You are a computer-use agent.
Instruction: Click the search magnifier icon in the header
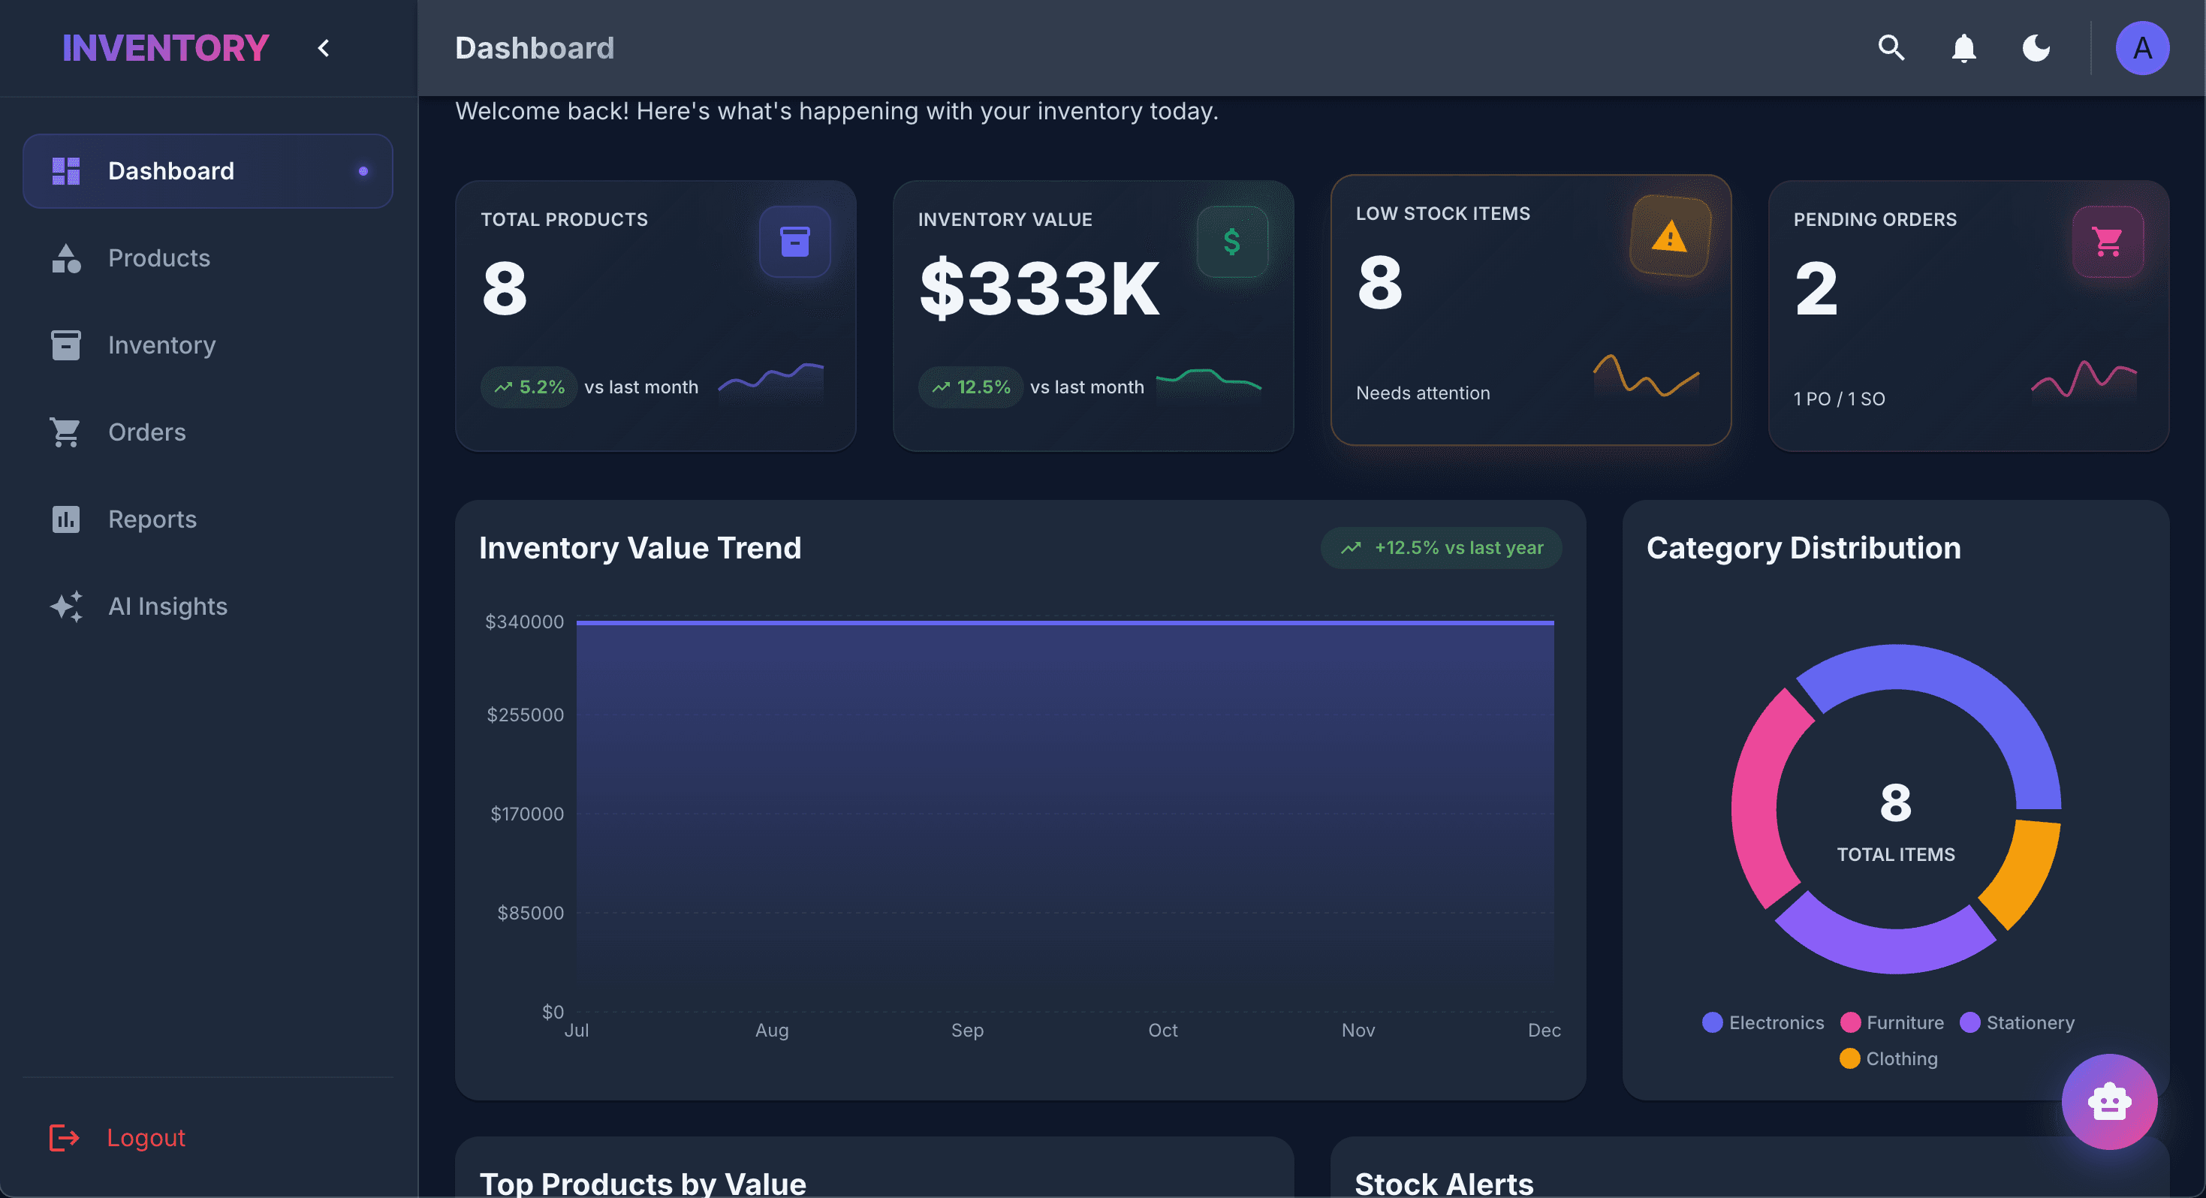[1891, 48]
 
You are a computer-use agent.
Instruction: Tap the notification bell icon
[1963, 48]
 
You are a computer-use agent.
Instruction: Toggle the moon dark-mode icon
[2036, 48]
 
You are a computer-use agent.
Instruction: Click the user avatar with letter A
[2141, 48]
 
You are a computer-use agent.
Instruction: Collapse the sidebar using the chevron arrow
[324, 48]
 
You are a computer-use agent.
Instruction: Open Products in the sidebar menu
[158, 257]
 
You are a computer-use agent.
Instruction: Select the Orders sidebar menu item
[146, 432]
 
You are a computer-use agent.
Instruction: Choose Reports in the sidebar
[152, 519]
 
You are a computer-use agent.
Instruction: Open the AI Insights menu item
[167, 607]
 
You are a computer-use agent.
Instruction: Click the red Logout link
[146, 1137]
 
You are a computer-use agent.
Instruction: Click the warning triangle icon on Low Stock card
[1670, 236]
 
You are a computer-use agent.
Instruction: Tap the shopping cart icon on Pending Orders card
[2108, 242]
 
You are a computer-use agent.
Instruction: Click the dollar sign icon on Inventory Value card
[1231, 242]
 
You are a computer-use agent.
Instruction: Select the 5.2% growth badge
[529, 387]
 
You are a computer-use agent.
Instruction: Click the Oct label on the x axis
[1162, 1030]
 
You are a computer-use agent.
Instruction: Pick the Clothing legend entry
[1888, 1058]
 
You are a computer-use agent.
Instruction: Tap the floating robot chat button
[2108, 1101]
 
